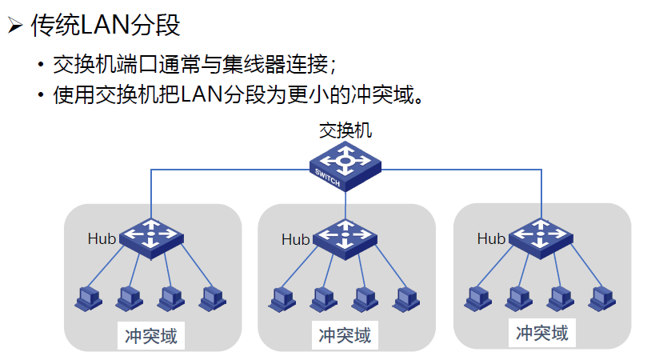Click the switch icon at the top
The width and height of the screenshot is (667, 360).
point(345,164)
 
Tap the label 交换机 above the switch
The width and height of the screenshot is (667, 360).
point(345,130)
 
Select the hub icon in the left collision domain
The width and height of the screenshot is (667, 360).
point(151,236)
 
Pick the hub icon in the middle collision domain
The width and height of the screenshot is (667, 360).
point(345,237)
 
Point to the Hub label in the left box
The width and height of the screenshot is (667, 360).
point(102,238)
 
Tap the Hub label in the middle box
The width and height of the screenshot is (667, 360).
point(295,239)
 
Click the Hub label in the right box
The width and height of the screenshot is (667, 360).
point(491,238)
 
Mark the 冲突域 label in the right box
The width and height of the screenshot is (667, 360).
point(541,332)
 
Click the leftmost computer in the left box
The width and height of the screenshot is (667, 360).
point(87,298)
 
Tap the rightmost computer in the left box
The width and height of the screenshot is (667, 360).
point(211,298)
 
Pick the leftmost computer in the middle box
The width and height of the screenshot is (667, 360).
point(281,298)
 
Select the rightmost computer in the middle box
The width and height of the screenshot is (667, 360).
point(405,298)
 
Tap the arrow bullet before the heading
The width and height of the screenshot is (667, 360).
point(14,26)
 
